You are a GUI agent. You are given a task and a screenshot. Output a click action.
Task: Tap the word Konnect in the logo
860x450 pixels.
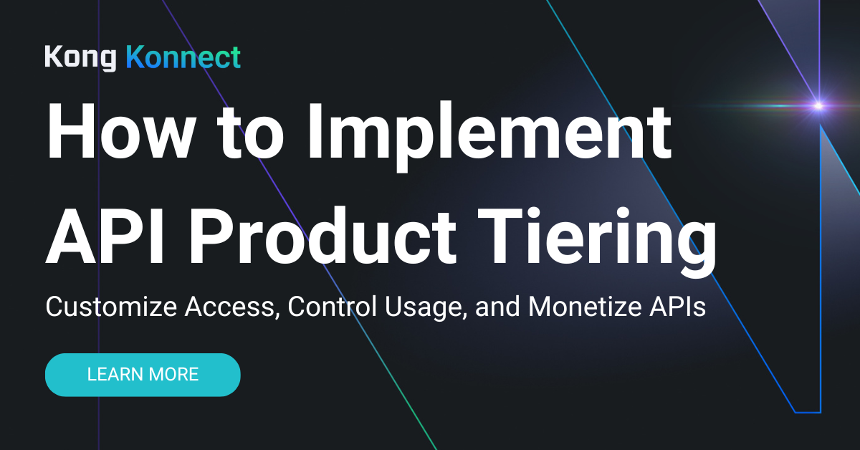pos(183,57)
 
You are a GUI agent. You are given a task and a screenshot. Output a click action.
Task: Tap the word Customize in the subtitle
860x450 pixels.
pos(111,307)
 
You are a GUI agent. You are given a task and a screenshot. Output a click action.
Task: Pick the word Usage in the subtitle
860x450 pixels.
pos(423,308)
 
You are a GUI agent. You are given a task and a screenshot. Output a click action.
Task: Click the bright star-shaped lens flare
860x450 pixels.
pos(818,106)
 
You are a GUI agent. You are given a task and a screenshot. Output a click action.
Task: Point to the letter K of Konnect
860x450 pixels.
pos(135,57)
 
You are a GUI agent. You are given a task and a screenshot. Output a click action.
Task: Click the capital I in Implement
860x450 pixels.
pos(322,134)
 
